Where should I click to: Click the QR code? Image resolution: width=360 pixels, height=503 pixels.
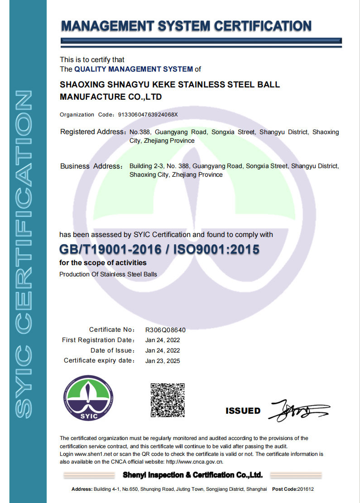[168, 400]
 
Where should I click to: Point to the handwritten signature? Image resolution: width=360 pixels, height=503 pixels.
[299, 411]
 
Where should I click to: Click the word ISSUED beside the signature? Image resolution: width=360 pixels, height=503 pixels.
[243, 411]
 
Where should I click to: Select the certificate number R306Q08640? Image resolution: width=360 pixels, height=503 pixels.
[165, 330]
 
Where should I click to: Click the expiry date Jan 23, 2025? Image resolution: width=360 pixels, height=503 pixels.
[163, 361]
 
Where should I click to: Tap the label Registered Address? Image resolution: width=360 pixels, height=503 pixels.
[92, 132]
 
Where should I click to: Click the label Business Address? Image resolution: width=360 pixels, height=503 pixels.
[91, 166]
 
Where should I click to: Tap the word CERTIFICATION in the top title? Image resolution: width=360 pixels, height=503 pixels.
[263, 26]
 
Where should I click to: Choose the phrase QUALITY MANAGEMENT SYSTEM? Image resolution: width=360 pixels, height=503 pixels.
[134, 69]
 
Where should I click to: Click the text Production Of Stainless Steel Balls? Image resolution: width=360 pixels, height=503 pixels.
[108, 274]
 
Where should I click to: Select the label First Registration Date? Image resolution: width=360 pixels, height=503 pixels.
[98, 340]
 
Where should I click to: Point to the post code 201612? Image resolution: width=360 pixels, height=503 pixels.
[306, 489]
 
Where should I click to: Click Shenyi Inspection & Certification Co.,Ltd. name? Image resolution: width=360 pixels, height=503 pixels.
[192, 475]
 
